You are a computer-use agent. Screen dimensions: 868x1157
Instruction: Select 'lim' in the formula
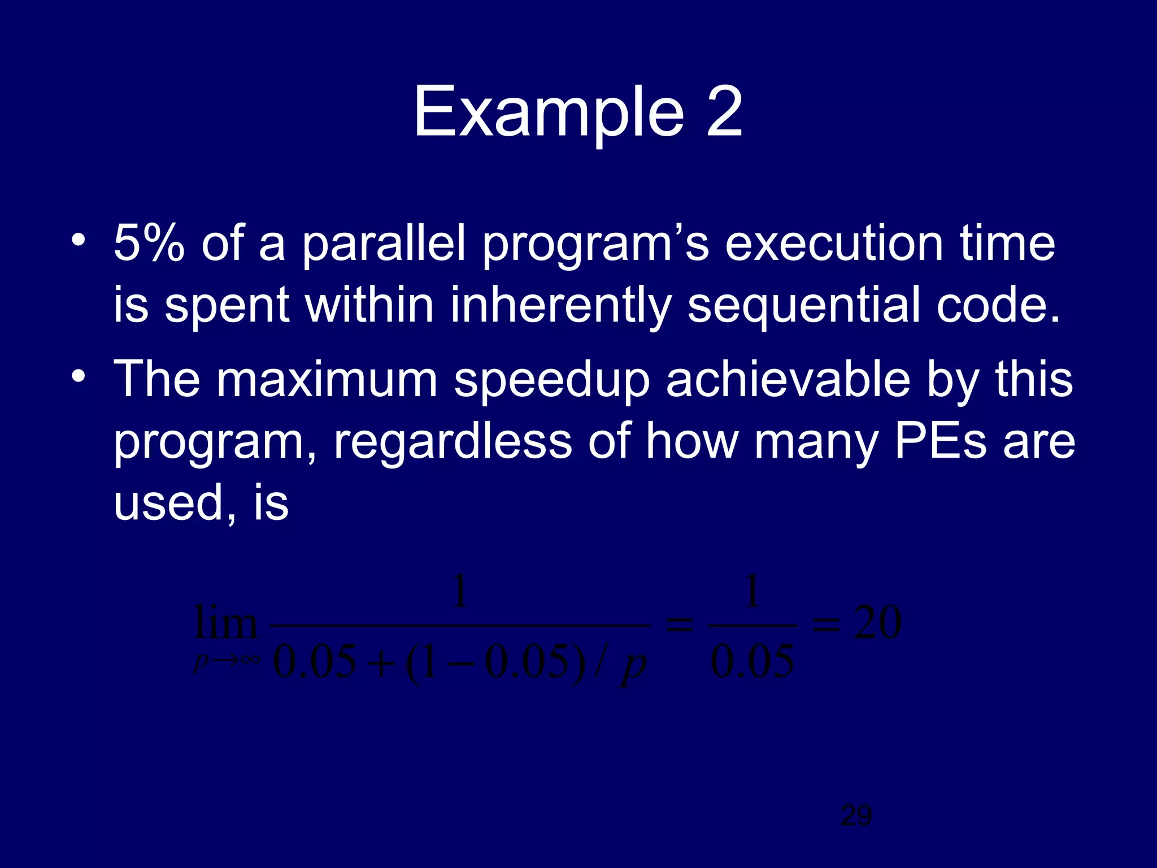[x=225, y=623]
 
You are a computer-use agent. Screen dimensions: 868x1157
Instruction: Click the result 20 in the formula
[x=877, y=623]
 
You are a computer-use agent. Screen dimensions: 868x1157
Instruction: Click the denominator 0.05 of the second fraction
[x=752, y=662]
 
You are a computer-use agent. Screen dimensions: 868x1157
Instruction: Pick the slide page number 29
[x=856, y=815]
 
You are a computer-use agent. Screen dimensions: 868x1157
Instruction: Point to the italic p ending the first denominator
[x=633, y=666]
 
